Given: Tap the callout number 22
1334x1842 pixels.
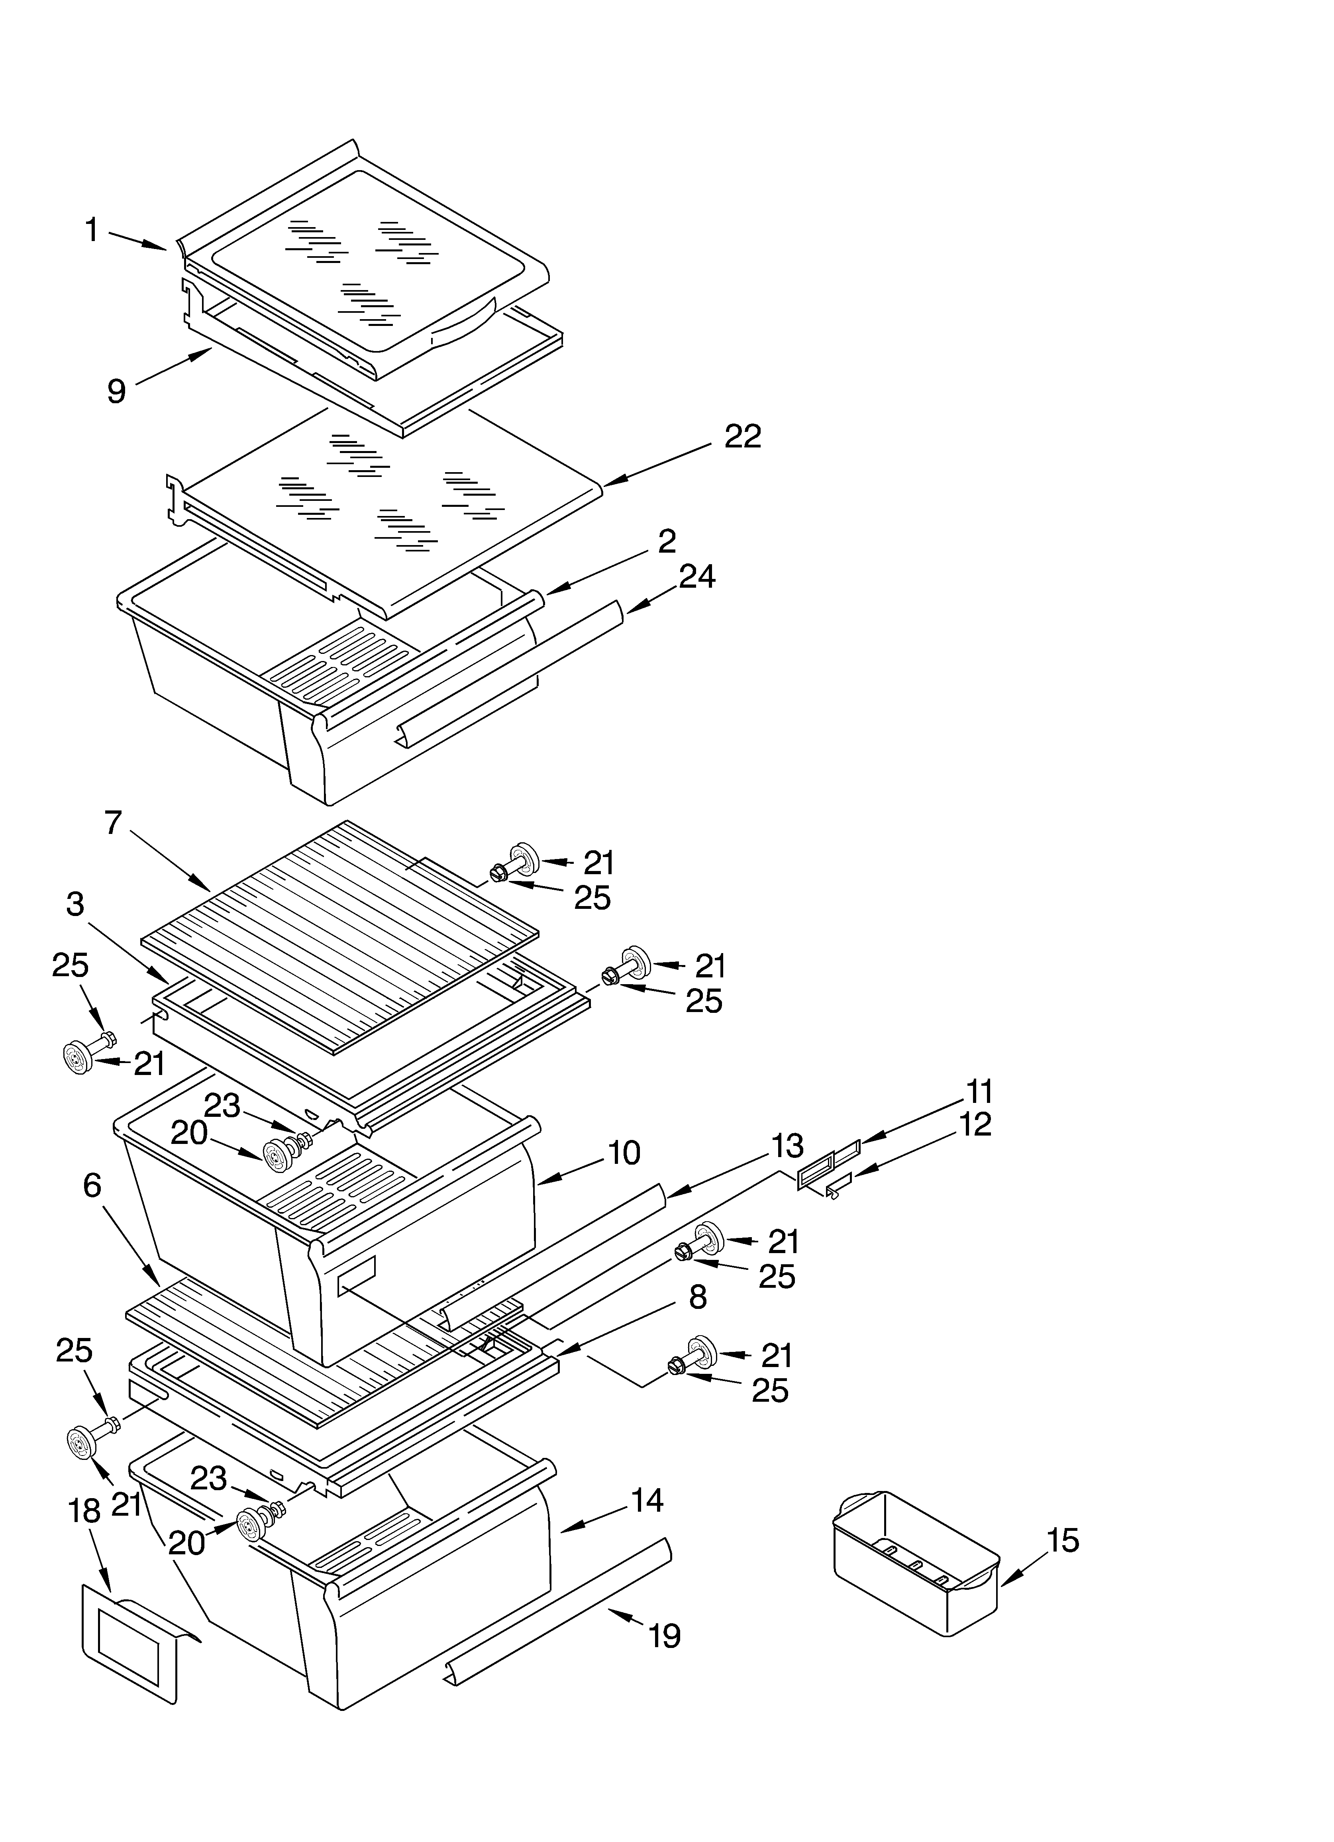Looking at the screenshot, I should point(743,437).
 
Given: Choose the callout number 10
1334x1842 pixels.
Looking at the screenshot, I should point(624,1153).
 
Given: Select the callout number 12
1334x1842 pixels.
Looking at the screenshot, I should point(975,1125).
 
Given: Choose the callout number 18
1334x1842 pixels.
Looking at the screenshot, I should point(84,1511).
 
